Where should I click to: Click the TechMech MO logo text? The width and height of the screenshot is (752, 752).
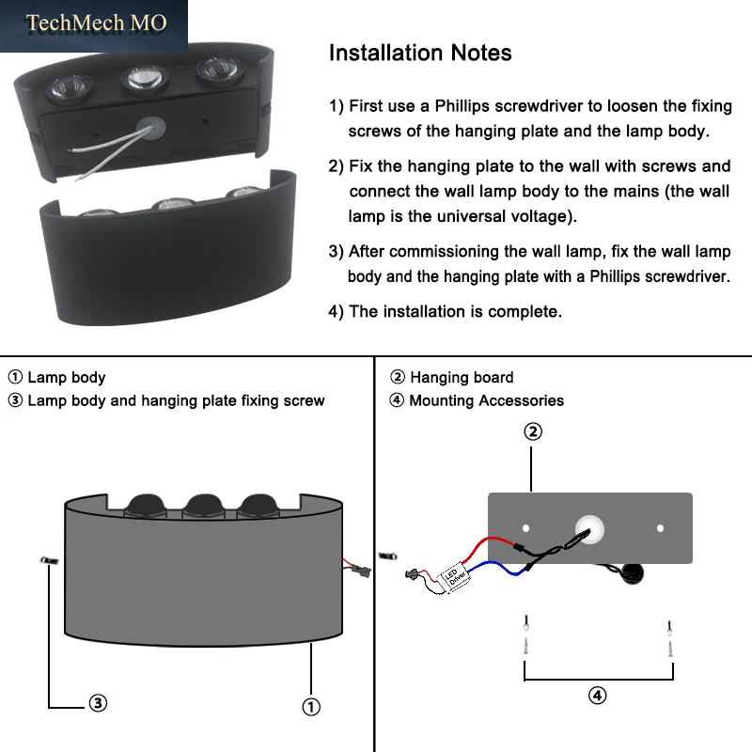(96, 23)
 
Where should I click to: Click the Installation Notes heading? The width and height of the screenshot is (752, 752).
(420, 53)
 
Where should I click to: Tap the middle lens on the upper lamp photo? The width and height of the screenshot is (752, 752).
(145, 78)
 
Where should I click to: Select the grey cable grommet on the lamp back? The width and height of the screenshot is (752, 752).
(150, 129)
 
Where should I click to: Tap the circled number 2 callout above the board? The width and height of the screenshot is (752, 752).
(533, 431)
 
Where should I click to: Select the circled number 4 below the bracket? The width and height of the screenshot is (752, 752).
(597, 696)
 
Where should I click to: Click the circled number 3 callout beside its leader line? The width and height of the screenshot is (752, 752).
(98, 703)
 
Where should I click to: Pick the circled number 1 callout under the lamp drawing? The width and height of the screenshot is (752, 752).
(311, 707)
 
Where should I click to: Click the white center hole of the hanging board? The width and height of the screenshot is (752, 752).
(590, 529)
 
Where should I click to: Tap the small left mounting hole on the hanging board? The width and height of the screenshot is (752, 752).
(526, 528)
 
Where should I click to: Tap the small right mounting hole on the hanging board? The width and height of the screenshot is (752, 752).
(661, 528)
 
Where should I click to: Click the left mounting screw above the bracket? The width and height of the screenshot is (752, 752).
(526, 634)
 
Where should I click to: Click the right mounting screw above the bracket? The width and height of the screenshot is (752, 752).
(670, 638)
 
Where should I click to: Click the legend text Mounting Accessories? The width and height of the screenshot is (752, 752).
(486, 400)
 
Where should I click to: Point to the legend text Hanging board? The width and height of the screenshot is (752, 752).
(462, 378)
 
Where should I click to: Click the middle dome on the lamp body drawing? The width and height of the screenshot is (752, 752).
(205, 505)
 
